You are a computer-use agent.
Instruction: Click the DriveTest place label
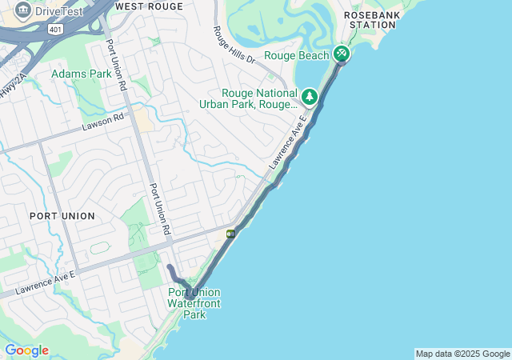coord(59,12)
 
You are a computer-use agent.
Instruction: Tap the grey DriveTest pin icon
coord(22,11)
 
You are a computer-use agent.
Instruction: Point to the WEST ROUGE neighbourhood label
coord(149,6)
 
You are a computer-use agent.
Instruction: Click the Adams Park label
coord(82,74)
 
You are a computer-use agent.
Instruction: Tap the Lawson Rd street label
coord(103,122)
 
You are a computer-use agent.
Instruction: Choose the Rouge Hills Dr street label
coord(234,46)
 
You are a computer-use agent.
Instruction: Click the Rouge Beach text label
coord(296,55)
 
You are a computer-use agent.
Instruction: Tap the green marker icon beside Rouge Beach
coord(342,54)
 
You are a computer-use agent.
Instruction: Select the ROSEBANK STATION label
coord(370,19)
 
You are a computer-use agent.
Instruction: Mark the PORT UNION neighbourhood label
coord(62,216)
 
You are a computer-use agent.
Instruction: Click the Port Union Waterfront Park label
coord(194,303)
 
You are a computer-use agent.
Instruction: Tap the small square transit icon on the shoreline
coord(230,234)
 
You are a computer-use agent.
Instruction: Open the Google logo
coord(26,350)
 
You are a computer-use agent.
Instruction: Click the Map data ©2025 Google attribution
coord(462,354)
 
